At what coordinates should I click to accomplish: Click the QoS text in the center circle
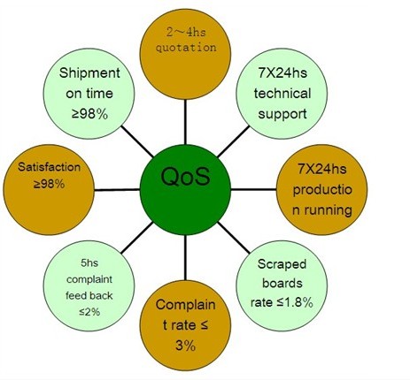pyautogui.click(x=186, y=177)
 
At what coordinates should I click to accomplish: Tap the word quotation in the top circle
pyautogui.click(x=186, y=48)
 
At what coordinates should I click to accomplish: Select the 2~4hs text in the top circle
pyautogui.click(x=186, y=32)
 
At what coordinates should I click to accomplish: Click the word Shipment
pyautogui.click(x=89, y=73)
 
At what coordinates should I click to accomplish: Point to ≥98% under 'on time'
pyautogui.click(x=89, y=114)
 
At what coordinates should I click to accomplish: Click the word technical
pyautogui.click(x=282, y=94)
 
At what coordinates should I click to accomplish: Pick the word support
pyautogui.click(x=282, y=115)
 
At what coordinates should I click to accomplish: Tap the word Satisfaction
pyautogui.click(x=49, y=167)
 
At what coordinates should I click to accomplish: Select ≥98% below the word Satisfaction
pyautogui.click(x=49, y=184)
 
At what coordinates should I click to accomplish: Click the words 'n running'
pyautogui.click(x=322, y=210)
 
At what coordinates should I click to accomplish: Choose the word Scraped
pyautogui.click(x=282, y=264)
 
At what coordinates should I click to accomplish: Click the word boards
pyautogui.click(x=282, y=283)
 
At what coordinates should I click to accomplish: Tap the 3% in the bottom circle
pyautogui.click(x=185, y=346)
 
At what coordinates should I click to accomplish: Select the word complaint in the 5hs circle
pyautogui.click(x=89, y=279)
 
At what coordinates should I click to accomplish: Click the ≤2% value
pyautogui.click(x=89, y=311)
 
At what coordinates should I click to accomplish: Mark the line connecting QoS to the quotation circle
pyautogui.click(x=185, y=122)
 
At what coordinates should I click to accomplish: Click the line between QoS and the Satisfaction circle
pyautogui.click(x=117, y=190)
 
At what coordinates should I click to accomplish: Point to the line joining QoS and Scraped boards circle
pyautogui.click(x=234, y=238)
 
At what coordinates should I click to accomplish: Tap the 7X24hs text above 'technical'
pyautogui.click(x=282, y=73)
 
